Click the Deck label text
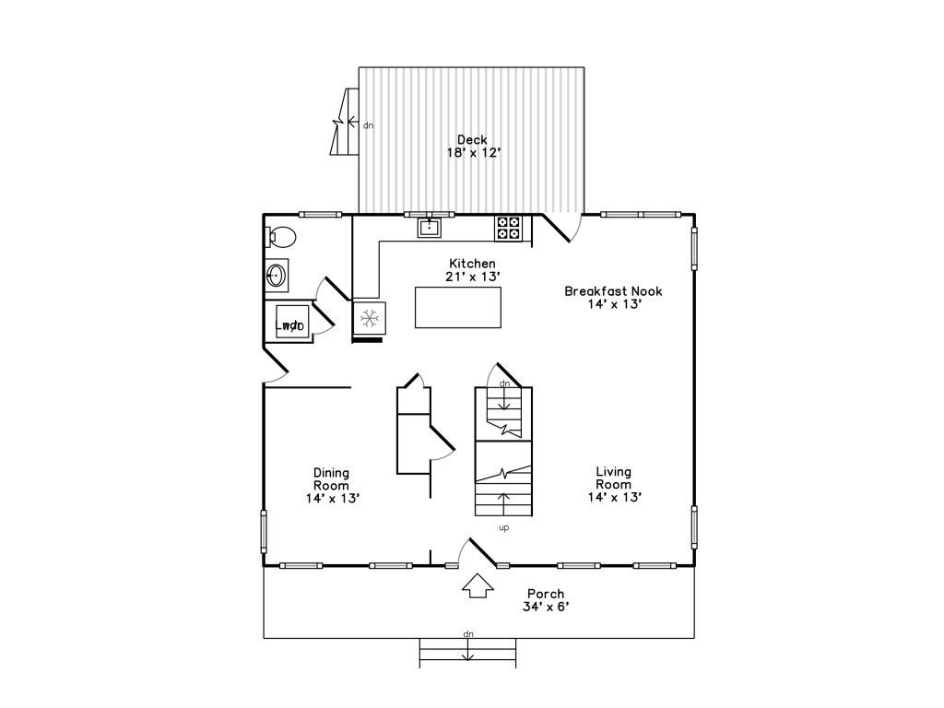473,140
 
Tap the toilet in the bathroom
280,237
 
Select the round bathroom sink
277,276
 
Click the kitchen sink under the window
430,228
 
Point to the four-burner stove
508,229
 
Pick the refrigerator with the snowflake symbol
369,317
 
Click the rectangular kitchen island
458,307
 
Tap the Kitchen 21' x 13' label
473,270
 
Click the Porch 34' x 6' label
546,600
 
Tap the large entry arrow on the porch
478,585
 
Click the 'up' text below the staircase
504,528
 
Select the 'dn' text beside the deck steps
369,125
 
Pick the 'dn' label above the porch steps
468,634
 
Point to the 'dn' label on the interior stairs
504,383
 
